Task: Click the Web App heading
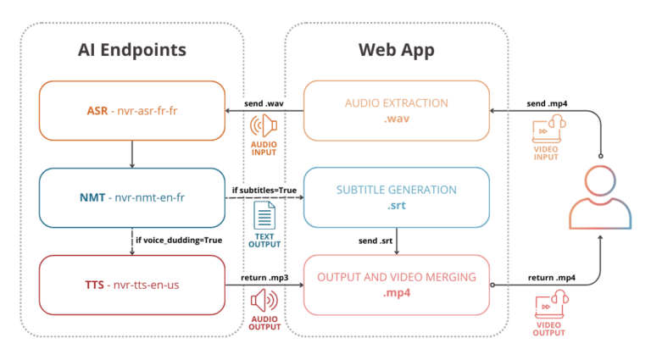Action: click(x=397, y=50)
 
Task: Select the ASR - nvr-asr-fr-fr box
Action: click(x=131, y=110)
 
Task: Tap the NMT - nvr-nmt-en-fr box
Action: click(x=131, y=197)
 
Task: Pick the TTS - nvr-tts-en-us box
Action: click(x=131, y=285)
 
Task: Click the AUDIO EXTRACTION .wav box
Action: click(x=397, y=110)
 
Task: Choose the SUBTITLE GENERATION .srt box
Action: click(x=397, y=197)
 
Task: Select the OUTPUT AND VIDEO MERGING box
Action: click(x=397, y=285)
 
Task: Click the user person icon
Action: click(x=601, y=198)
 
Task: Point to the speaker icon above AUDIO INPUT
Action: click(x=264, y=127)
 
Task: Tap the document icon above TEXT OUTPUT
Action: click(x=264, y=214)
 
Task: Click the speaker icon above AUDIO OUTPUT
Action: click(x=264, y=302)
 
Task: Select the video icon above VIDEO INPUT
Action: click(x=545, y=130)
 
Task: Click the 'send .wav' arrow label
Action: click(x=264, y=102)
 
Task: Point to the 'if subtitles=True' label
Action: click(x=264, y=190)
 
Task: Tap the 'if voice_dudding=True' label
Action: click(x=179, y=241)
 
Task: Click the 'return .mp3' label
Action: click(x=264, y=277)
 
